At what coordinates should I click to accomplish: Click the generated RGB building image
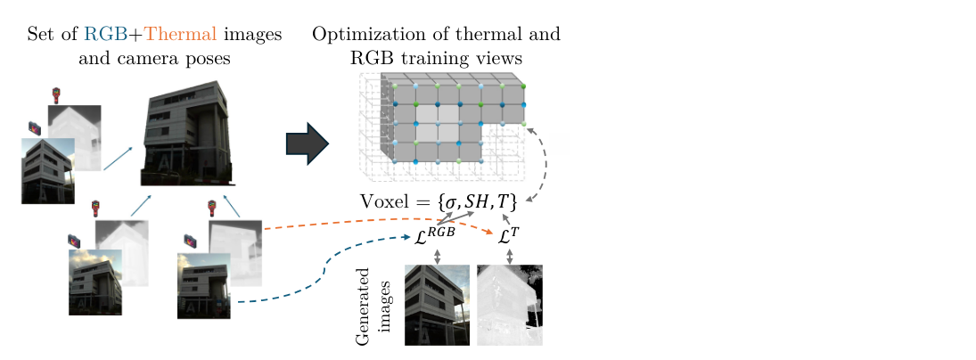click(x=438, y=305)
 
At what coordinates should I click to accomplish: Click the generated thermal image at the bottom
click(x=510, y=305)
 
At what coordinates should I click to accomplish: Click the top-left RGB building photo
click(x=47, y=170)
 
